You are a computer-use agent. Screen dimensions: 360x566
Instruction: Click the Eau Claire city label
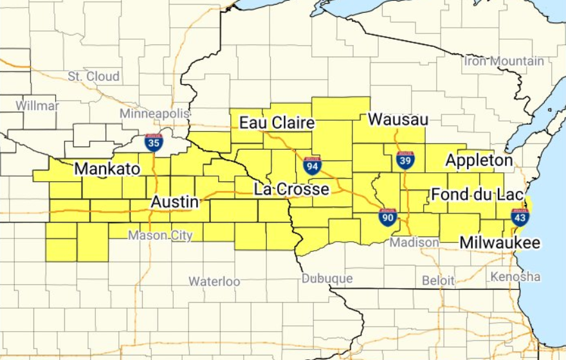277,123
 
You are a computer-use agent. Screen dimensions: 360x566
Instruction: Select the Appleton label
479,160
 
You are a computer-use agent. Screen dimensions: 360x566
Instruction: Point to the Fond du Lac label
477,194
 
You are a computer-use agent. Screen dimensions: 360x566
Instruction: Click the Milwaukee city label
500,242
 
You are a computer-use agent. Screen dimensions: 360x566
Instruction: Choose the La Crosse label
291,189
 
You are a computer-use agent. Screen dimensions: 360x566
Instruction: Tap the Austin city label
174,202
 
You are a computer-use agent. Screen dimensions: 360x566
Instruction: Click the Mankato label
107,169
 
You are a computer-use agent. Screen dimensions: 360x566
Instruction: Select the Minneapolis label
154,114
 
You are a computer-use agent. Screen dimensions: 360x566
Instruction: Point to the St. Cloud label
94,76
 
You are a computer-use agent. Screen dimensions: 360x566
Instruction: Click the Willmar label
37,105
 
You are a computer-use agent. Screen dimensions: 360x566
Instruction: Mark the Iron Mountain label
504,61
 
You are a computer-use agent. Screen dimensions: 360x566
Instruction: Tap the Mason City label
160,235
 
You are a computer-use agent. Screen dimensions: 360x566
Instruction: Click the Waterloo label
214,282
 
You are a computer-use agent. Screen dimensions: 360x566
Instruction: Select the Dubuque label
327,278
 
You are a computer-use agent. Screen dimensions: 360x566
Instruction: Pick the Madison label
414,242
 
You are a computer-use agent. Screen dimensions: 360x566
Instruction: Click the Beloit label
438,281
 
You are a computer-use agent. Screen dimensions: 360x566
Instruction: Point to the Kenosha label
515,276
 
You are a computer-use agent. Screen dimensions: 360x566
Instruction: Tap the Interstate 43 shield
520,217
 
